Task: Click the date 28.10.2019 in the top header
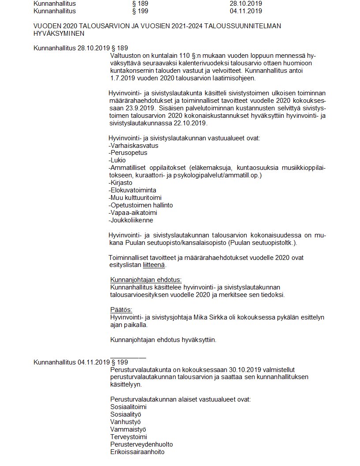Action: click(246, 4)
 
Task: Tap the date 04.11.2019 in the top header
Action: click(246, 11)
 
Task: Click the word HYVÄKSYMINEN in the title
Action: click(59, 34)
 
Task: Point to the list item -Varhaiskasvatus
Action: click(133, 145)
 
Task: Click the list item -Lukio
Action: click(117, 160)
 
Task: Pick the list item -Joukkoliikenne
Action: click(131, 220)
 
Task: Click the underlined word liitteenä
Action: click(154, 265)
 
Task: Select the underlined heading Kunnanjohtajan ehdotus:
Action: click(146, 280)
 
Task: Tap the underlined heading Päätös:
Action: click(121, 309)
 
